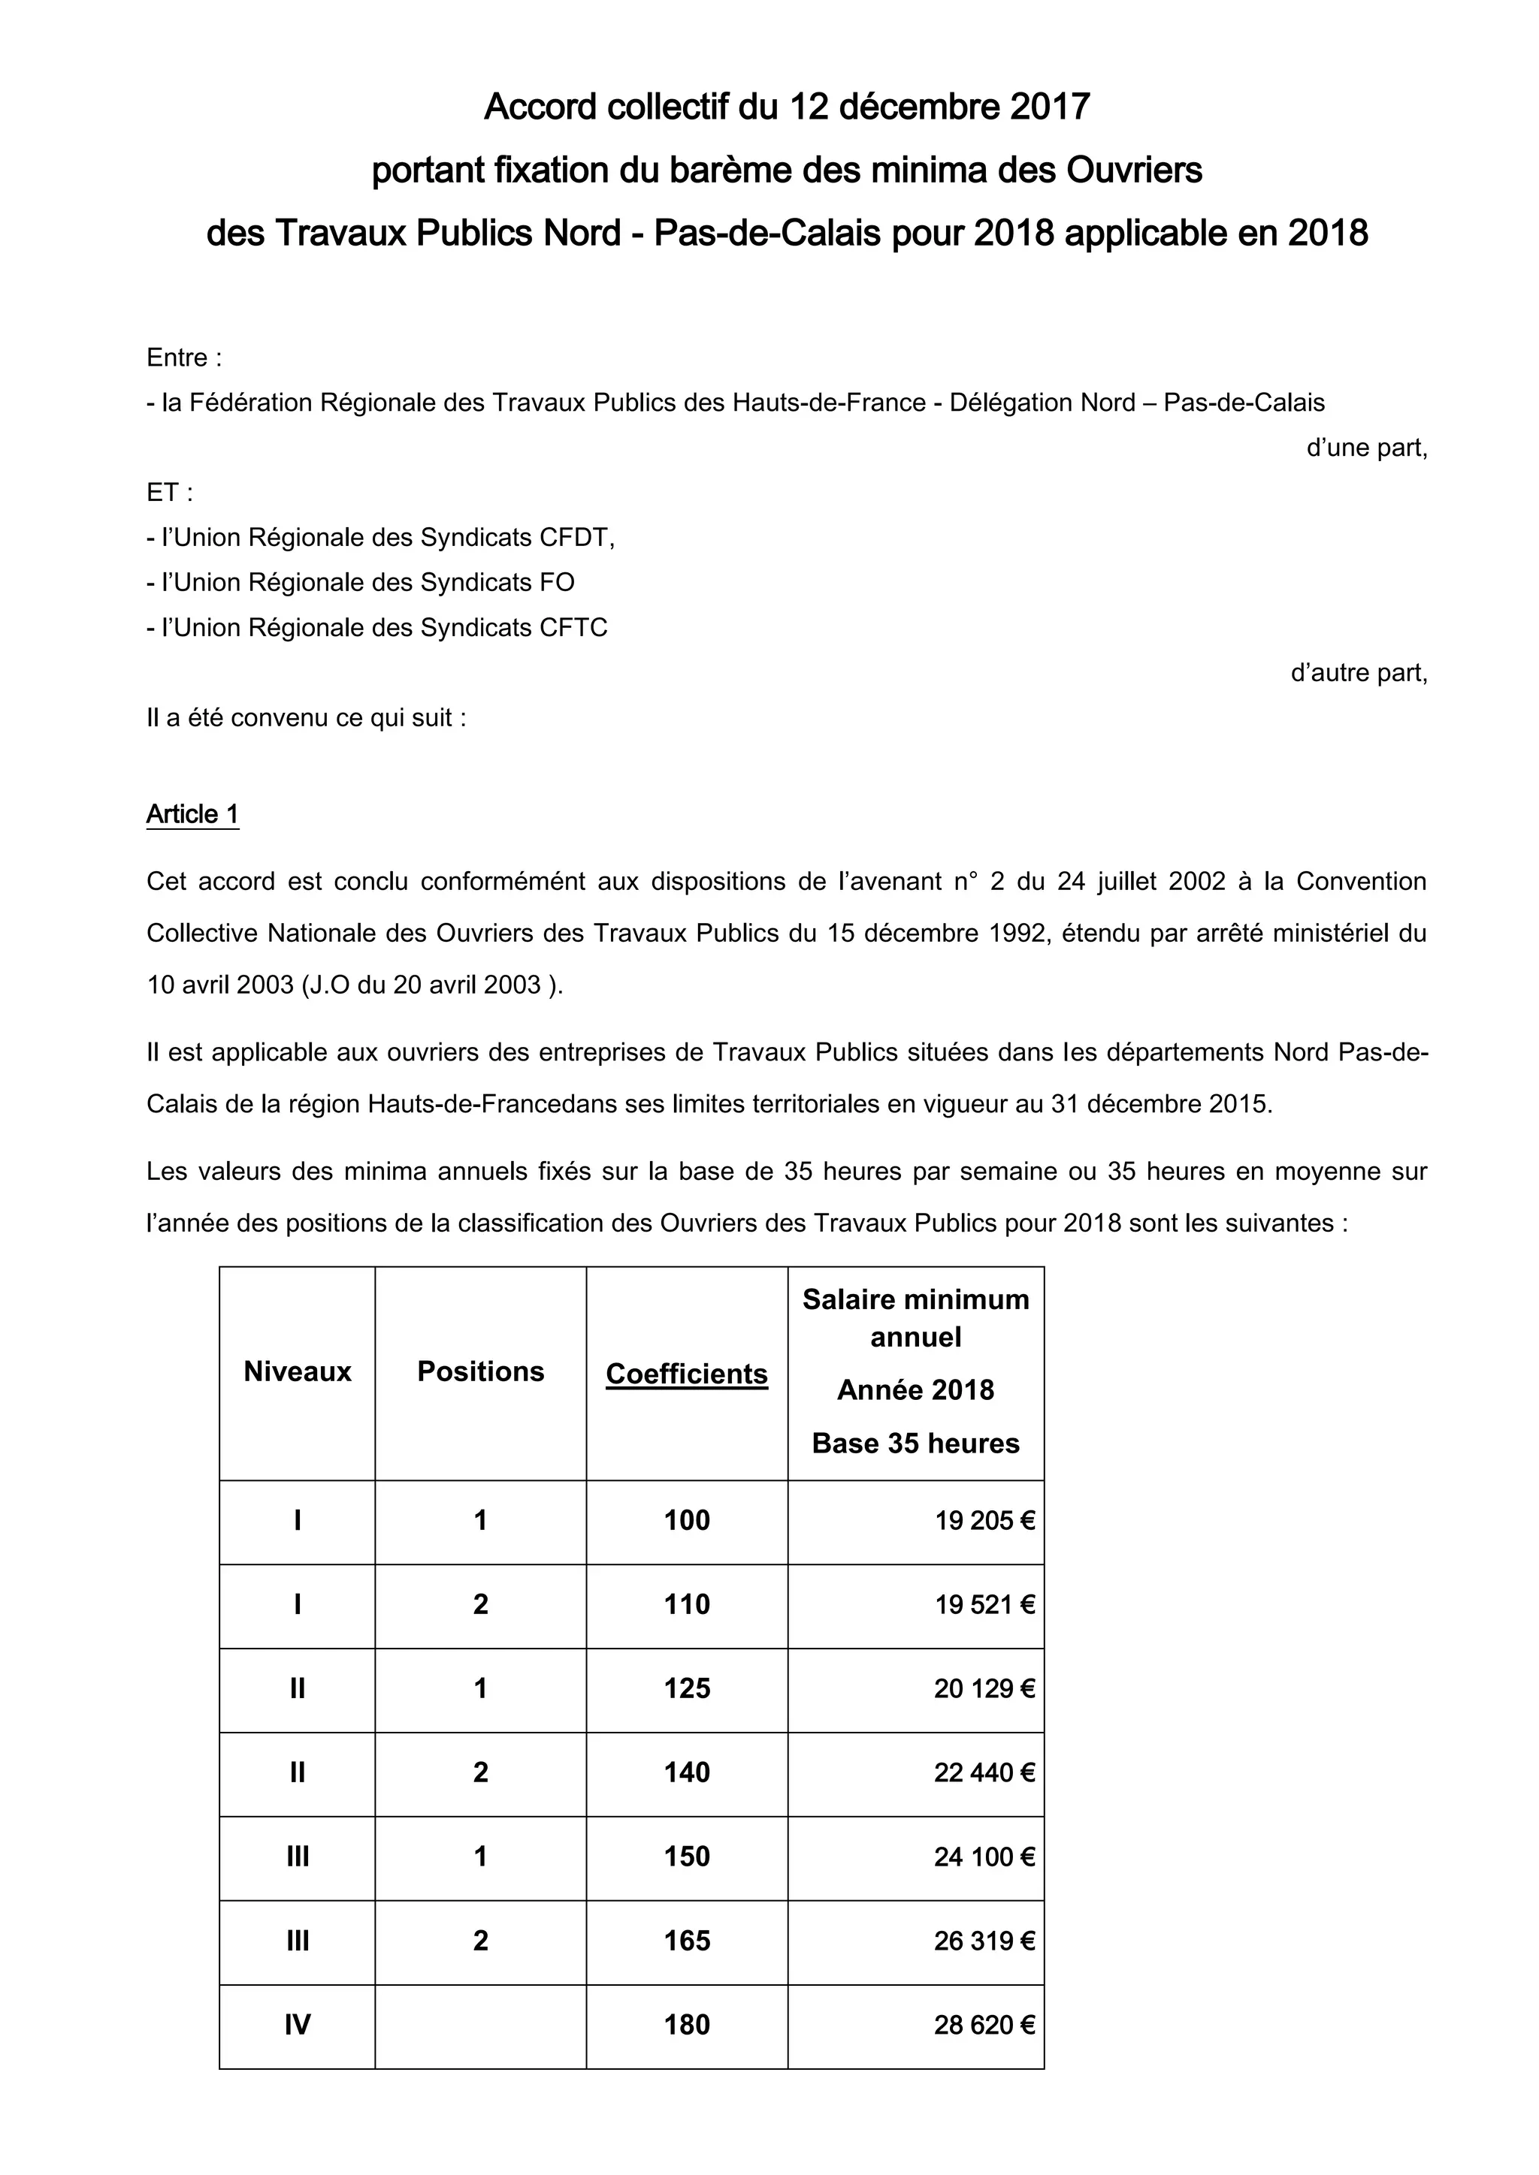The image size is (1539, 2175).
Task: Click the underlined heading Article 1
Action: [x=192, y=815]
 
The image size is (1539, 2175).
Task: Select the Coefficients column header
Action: [x=686, y=1374]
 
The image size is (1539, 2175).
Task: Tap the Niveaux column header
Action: [x=297, y=1371]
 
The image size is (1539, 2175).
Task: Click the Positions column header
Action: [x=480, y=1371]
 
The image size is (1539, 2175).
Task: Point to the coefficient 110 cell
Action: [x=686, y=1605]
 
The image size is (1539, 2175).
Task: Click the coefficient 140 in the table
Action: [x=686, y=1772]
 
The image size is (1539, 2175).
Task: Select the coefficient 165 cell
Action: [x=686, y=1941]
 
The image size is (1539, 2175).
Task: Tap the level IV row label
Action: [x=297, y=2026]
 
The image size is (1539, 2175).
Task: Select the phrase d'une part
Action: [x=1365, y=448]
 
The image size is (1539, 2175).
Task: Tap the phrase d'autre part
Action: [x=1358, y=674]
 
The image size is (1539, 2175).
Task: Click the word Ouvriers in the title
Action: [x=1135, y=170]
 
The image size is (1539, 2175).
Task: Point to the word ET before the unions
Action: [x=163, y=493]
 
